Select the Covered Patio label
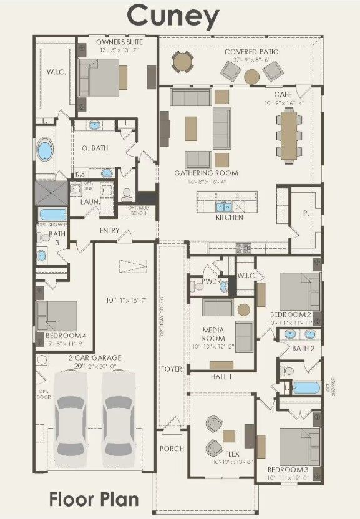(251, 52)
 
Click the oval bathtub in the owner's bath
(45, 150)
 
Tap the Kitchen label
(230, 217)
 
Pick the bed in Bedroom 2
(298, 291)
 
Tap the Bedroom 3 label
(288, 469)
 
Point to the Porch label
(172, 449)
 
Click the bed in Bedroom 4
(56, 317)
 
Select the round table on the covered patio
(251, 76)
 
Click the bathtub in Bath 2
(306, 387)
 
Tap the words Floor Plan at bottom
(94, 499)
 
